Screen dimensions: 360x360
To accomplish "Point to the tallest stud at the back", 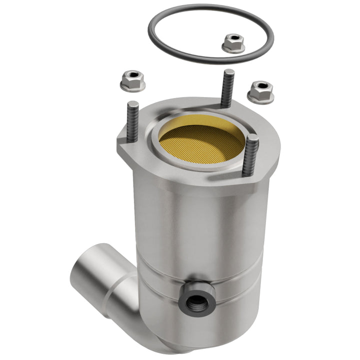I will pos(227,90).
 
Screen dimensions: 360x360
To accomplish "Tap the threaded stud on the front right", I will pos(250,155).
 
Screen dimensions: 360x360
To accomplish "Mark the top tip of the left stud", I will pos(133,103).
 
